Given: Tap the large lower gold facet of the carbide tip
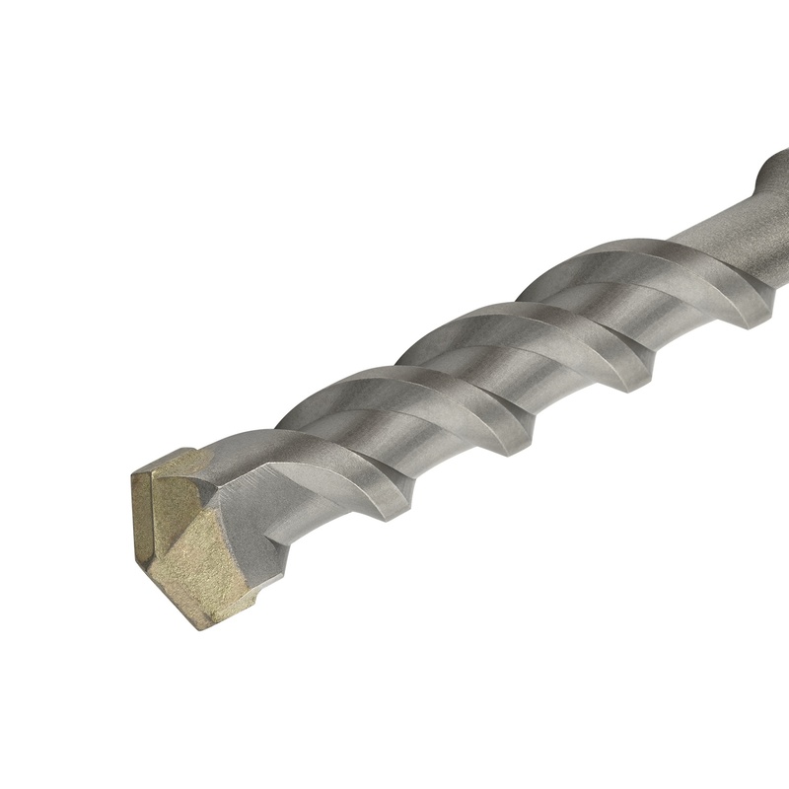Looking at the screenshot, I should [x=202, y=567].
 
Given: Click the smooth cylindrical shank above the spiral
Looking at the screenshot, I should [x=720, y=227].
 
